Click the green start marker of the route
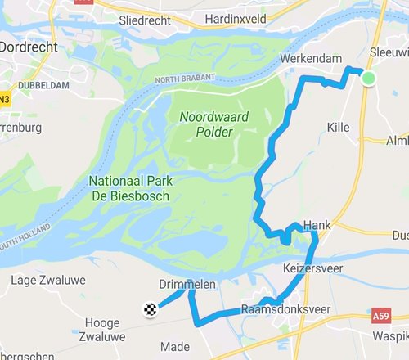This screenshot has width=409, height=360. (368, 78)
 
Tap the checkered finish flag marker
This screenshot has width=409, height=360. (150, 309)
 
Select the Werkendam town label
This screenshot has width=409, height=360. (309, 60)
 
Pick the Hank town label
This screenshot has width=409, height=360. (317, 224)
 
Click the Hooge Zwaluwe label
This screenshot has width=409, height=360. (102, 329)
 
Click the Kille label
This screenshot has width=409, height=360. (338, 128)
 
